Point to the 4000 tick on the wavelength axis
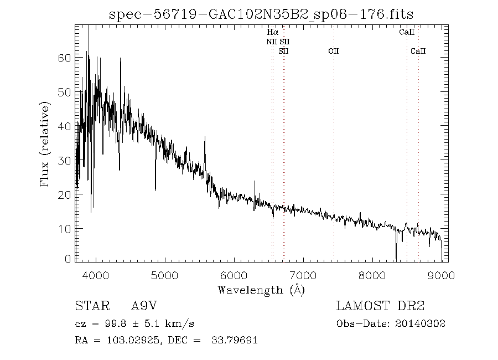[x=96, y=275]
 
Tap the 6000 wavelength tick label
[x=234, y=275]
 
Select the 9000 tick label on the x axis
[x=440, y=275]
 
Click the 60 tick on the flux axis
[x=65, y=58]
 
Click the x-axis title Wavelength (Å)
[x=261, y=290]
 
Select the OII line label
[x=333, y=52]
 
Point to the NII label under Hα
[x=272, y=42]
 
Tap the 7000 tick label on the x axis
[x=303, y=275]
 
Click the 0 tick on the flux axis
[x=69, y=259]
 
